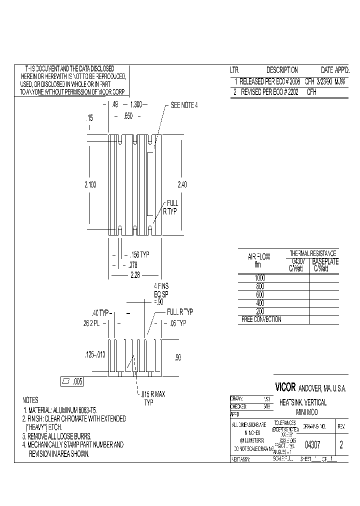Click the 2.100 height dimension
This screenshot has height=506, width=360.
click(90, 184)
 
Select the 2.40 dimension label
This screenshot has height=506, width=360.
click(182, 184)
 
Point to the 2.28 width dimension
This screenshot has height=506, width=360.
click(134, 275)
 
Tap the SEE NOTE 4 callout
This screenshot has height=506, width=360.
click(184, 105)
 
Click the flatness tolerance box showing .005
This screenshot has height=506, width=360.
click(72, 381)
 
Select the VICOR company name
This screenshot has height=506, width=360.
click(285, 387)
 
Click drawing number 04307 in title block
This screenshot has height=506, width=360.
click(312, 445)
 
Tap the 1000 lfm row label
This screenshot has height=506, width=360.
click(260, 277)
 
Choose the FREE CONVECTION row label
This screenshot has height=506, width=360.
click(261, 319)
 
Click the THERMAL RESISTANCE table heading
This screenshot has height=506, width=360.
click(313, 253)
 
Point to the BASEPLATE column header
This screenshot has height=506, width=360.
click(325, 261)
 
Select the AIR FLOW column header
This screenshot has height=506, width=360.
click(259, 257)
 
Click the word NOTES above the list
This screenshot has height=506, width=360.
click(30, 400)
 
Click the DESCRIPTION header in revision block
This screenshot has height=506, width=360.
click(282, 70)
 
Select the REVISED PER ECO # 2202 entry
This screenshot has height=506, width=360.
click(269, 92)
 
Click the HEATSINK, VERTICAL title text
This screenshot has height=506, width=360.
click(303, 402)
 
